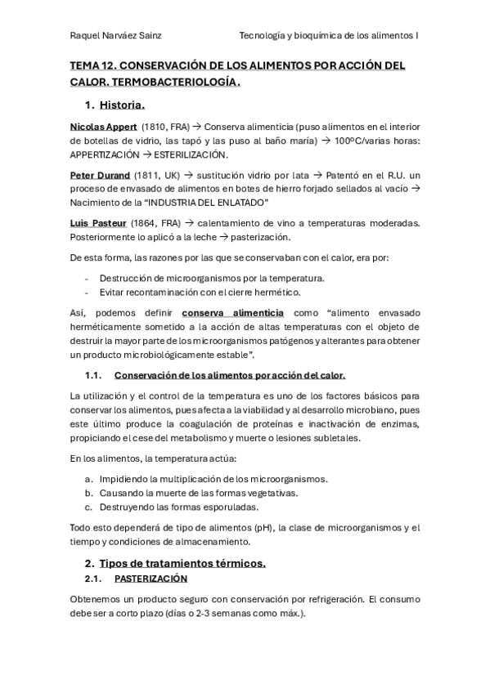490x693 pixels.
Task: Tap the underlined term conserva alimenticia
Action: coord(233,312)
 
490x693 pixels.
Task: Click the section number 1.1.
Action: coord(92,375)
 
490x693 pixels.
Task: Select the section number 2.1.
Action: coord(92,579)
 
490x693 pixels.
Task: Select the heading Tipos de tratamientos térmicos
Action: coord(182,564)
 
